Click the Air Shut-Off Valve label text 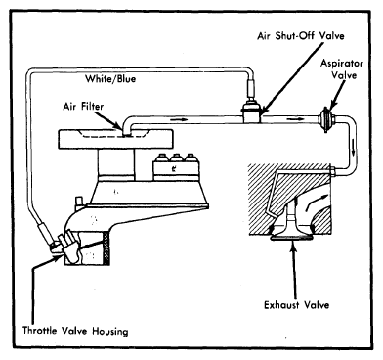point(301,35)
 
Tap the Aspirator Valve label point(342,68)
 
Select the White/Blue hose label point(110,78)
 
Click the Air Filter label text point(83,107)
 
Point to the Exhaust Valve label point(296,305)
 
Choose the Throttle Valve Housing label point(75,331)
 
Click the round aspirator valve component point(325,119)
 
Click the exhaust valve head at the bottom point(291,238)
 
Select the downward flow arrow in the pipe point(353,150)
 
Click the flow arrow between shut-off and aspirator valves point(293,118)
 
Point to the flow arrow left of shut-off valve point(180,119)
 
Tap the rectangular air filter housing point(115,139)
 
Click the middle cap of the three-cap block point(176,157)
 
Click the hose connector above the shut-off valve point(251,88)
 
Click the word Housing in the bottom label point(110,331)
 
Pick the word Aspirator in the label point(342,63)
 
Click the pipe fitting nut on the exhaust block point(332,171)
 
